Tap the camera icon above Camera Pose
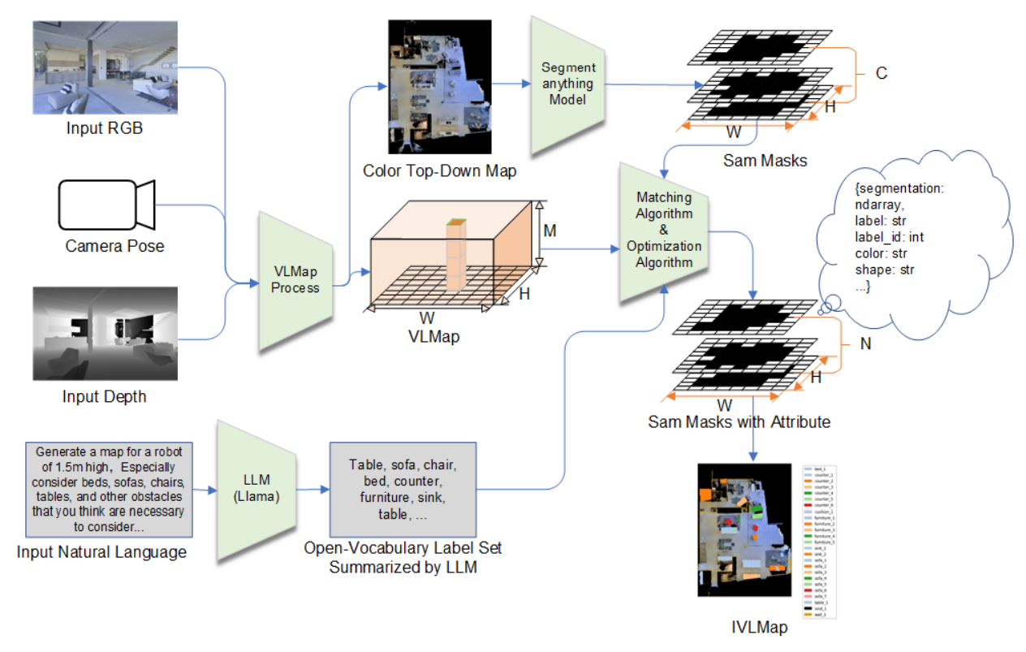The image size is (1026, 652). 106,205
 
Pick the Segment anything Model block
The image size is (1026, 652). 568,84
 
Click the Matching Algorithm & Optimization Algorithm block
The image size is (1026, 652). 664,229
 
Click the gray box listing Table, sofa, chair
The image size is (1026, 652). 403,489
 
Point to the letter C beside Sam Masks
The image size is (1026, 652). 881,74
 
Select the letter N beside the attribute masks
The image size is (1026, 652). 865,343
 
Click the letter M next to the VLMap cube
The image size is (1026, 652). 550,231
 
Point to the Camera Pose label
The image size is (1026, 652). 114,245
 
